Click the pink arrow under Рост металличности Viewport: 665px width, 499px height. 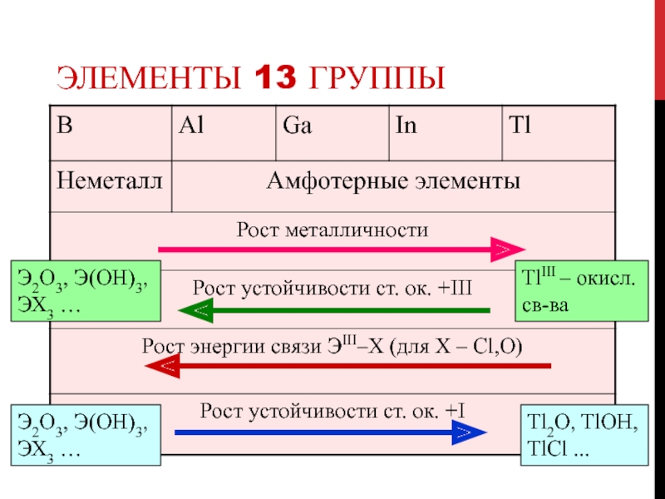coord(341,249)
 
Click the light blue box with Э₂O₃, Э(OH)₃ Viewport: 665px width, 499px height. coord(84,435)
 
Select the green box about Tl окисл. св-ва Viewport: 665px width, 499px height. coord(581,291)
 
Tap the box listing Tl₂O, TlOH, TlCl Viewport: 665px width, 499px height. coord(583,435)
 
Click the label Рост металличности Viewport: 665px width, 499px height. coord(332,229)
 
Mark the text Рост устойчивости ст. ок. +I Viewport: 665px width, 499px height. coord(332,410)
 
